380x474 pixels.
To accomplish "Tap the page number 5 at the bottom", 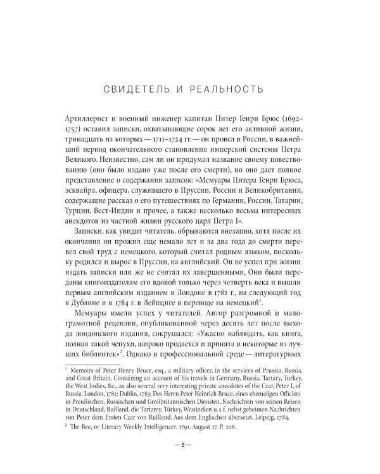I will [189, 459].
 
